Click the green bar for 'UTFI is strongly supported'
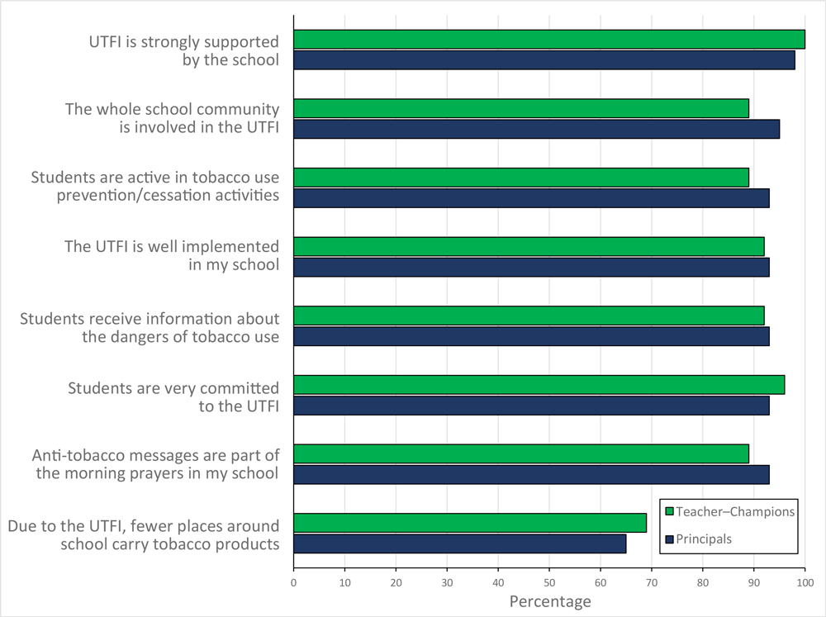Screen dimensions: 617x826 click(549, 40)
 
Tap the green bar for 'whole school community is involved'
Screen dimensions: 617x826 click(521, 108)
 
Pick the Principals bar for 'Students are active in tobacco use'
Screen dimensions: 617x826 click(531, 198)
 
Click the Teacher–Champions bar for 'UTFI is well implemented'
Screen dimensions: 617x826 click(529, 246)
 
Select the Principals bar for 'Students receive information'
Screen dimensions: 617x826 click(531, 336)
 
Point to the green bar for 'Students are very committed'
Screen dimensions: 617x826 click(539, 385)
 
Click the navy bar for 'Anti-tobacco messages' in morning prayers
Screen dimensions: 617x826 click(531, 474)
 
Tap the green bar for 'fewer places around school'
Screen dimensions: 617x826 click(470, 523)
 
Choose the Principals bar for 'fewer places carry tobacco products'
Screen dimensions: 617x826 click(459, 543)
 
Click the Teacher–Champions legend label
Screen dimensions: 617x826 click(735, 511)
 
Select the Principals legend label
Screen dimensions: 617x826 click(704, 539)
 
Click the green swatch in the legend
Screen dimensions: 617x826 click(670, 511)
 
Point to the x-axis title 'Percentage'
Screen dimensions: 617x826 click(549, 601)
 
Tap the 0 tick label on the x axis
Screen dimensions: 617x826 click(293, 581)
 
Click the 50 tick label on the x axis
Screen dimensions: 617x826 click(549, 581)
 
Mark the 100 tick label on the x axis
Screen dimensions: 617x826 click(805, 581)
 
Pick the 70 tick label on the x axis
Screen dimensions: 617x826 click(652, 581)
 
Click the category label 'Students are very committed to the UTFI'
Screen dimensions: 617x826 click(173, 396)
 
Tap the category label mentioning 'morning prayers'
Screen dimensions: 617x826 click(155, 464)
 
